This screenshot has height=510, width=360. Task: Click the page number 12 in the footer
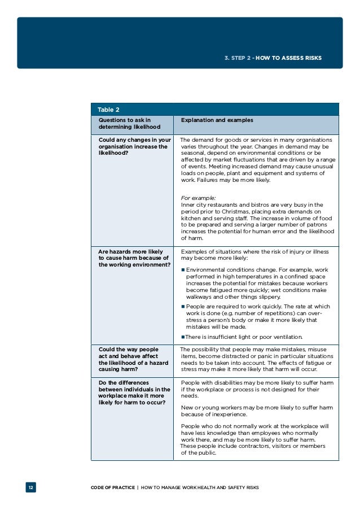click(30, 487)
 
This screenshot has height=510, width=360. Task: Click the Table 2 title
click(108, 109)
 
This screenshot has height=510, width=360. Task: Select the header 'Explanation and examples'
click(217, 120)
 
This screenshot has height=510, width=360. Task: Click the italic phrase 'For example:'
click(198, 198)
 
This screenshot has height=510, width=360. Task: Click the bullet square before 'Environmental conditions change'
click(183, 270)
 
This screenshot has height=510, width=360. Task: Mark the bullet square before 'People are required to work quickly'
click(183, 307)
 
